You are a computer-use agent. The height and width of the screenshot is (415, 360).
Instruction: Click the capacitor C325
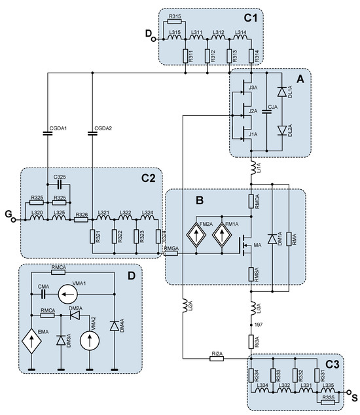click(60, 185)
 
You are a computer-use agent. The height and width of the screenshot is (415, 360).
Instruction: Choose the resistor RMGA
click(171, 255)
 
